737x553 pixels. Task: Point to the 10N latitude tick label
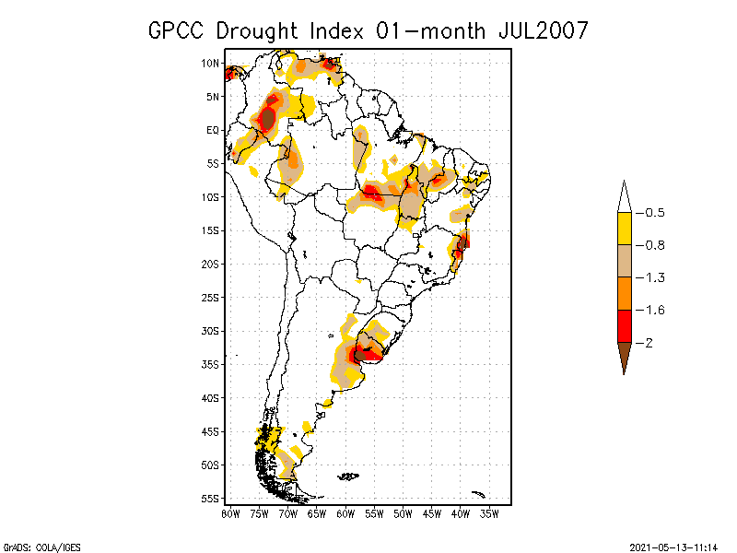coord(211,63)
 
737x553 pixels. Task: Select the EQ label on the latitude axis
coord(213,130)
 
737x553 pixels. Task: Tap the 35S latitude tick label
coord(211,364)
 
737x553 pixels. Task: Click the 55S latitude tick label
coord(211,498)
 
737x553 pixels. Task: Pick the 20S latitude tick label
coord(211,264)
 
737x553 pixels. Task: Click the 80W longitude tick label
coord(230,513)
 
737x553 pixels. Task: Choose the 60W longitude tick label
coord(345,513)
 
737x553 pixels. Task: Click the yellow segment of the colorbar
coord(624,229)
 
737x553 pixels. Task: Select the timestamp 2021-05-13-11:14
coord(675,547)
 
